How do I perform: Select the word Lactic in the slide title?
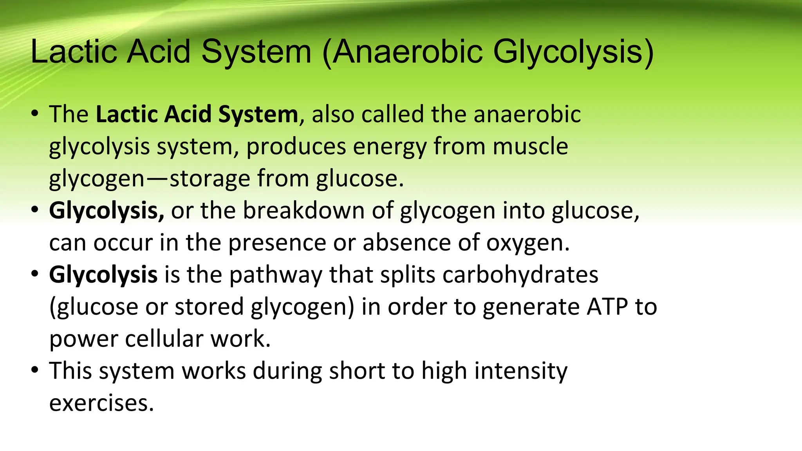point(74,52)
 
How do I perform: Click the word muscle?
point(530,146)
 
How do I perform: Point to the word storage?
point(210,179)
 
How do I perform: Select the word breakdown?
point(304,211)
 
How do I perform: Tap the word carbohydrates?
point(520,275)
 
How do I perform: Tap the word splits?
point(408,275)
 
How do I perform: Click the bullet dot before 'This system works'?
point(35,370)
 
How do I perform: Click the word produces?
point(296,147)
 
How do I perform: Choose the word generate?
point(531,308)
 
